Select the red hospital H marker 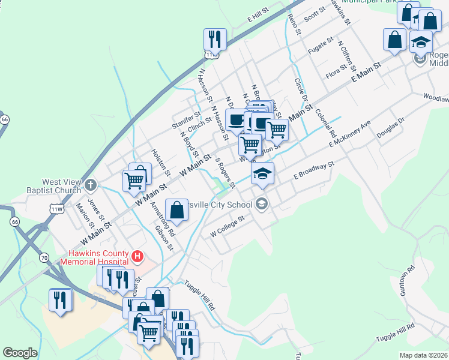[x=137, y=257]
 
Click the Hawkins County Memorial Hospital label [x=95, y=257]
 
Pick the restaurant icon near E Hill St [x=215, y=40]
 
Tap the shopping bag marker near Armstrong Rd [x=176, y=210]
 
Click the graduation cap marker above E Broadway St [x=262, y=173]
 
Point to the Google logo [x=20, y=353]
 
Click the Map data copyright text [x=424, y=355]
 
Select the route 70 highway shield [x=44, y=257]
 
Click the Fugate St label [x=320, y=45]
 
